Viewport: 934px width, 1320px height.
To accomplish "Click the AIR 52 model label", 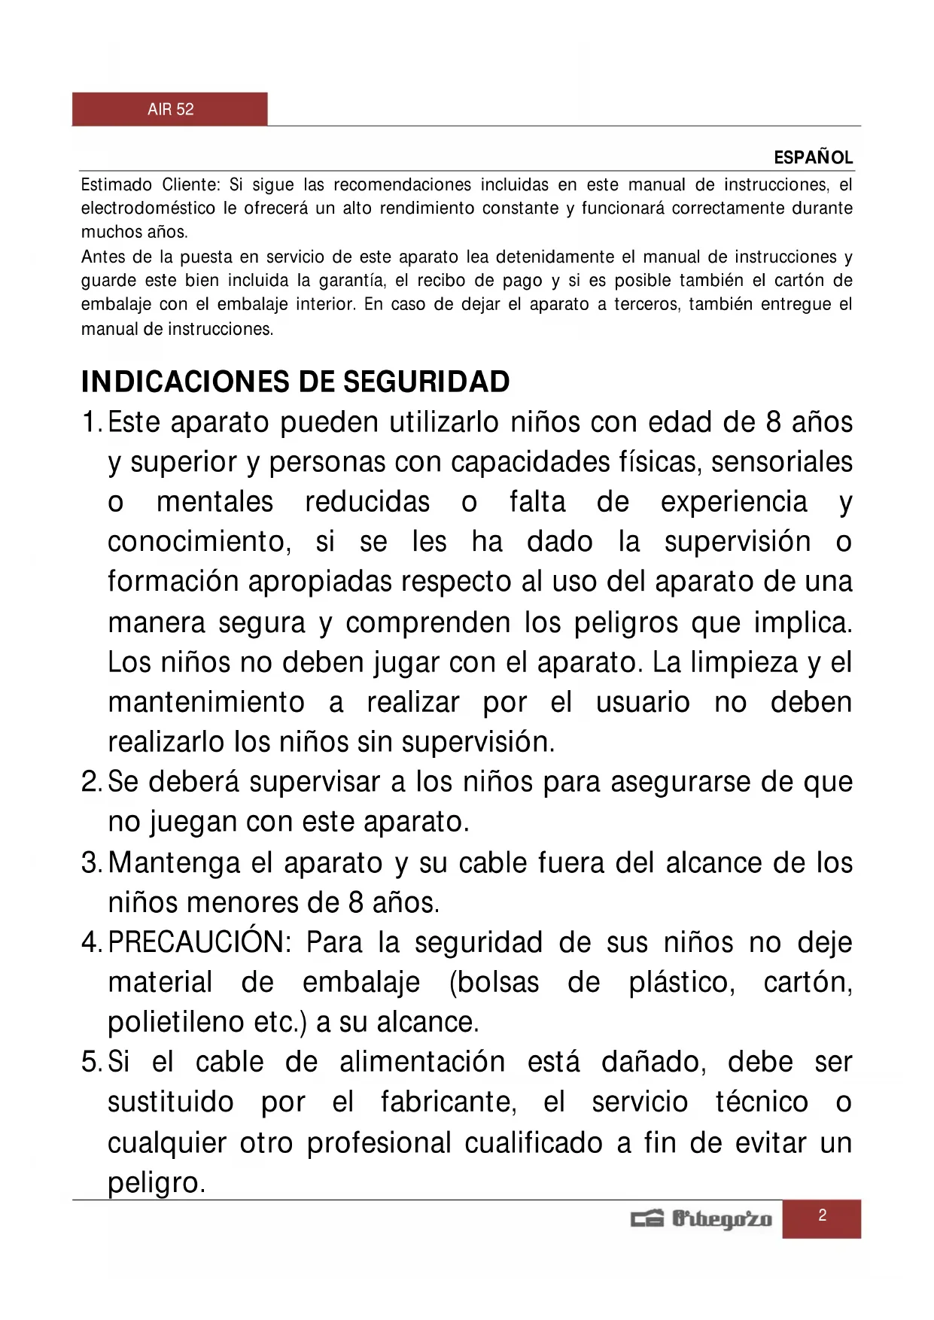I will coord(171,110).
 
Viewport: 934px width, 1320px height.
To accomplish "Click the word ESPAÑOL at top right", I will coord(814,158).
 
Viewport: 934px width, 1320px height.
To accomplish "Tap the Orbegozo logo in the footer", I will coord(701,1218).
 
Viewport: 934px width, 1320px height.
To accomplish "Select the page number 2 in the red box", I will coord(822,1215).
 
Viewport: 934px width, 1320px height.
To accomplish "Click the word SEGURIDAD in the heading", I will coord(427,382).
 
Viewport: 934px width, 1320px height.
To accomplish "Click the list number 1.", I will coord(90,423).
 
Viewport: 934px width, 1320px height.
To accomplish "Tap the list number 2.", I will coord(90,783).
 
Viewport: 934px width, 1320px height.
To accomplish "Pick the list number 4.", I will coord(90,943).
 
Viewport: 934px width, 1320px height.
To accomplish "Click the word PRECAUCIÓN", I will coord(199,943).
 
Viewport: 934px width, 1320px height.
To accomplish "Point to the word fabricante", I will coord(449,1103).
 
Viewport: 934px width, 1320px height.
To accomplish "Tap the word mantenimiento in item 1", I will coord(206,703).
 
